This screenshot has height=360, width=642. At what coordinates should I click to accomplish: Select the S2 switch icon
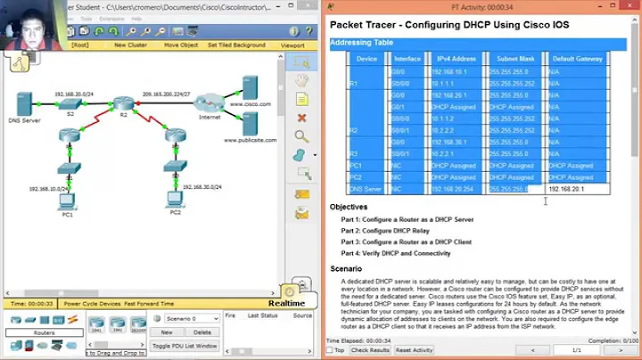pos(71,103)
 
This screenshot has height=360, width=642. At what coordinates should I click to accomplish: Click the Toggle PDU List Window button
pos(184,346)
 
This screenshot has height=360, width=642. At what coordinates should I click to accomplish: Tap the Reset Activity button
pos(413,350)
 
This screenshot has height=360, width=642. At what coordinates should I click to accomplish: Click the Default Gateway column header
pos(575,59)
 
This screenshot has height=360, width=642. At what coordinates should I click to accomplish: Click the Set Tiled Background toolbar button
pos(236,45)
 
